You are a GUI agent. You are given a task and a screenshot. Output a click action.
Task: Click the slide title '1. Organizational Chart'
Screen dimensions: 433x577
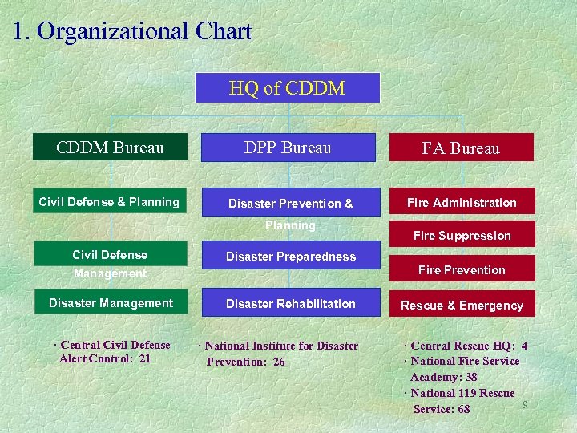(132, 31)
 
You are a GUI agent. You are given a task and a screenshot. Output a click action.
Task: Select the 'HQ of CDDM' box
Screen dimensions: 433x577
(287, 88)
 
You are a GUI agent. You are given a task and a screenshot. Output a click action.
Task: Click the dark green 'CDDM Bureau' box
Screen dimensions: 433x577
(110, 148)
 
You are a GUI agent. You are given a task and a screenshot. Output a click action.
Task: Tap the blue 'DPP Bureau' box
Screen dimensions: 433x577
(288, 148)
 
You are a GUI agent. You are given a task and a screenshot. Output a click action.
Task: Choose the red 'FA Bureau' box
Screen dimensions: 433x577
(461, 148)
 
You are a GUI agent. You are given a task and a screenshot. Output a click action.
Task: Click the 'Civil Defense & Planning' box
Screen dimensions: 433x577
(109, 202)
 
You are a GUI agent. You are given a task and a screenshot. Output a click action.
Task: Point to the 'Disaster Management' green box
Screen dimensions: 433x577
(111, 303)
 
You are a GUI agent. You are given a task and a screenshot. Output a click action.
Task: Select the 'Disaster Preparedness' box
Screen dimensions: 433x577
(290, 257)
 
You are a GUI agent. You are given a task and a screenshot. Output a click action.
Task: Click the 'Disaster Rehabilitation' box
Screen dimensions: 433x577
(290, 303)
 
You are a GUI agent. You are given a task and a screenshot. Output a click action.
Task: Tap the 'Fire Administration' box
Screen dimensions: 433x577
(462, 203)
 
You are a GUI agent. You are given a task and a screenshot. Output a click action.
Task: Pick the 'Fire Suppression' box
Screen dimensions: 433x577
(462, 236)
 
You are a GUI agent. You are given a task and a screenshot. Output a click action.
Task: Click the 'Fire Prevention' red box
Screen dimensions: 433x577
(462, 270)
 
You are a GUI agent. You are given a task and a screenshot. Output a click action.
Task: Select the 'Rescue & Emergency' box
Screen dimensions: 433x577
(462, 305)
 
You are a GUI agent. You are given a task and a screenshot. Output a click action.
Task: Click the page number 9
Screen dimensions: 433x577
(525, 404)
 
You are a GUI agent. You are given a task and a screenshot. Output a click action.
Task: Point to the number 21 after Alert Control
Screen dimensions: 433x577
(144, 358)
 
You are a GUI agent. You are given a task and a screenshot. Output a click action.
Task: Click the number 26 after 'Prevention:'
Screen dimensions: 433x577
(278, 362)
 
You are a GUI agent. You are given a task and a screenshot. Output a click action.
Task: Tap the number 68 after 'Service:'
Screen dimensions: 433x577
(463, 409)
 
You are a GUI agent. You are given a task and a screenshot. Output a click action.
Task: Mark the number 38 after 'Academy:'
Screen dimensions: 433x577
(470, 377)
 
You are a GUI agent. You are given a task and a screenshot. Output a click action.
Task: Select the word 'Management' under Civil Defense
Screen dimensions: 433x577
(110, 273)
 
